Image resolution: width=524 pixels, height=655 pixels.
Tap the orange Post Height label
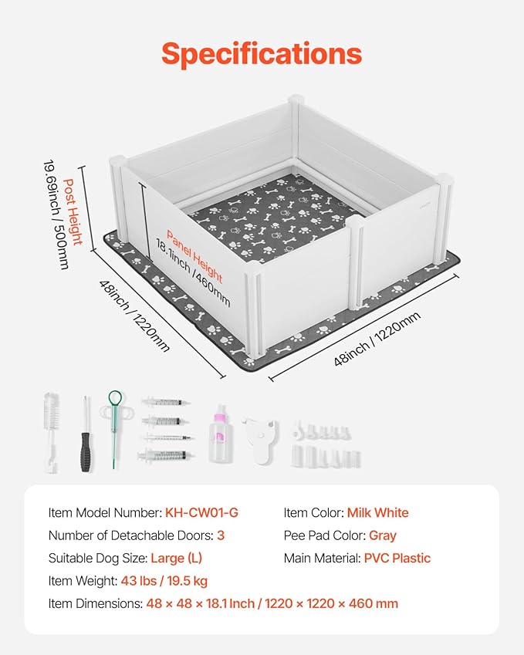coord(73,212)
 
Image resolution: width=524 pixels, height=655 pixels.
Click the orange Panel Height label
coord(194,256)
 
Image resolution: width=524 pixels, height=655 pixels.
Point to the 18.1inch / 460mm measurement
coord(193,273)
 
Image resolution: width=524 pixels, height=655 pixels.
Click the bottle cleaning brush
coord(51,432)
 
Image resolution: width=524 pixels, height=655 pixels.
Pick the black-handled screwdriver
coord(86,434)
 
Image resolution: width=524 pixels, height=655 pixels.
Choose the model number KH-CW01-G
coord(202,512)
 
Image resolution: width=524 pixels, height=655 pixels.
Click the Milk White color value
coord(377,512)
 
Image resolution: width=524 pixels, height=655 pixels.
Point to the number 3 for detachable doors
coord(221,535)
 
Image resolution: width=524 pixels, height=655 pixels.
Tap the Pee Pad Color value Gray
coord(382,535)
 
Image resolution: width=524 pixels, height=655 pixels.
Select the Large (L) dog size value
coord(176,558)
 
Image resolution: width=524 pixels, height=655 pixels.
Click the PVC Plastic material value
coord(397,558)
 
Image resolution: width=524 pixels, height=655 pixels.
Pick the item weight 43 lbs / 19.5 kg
coord(164,581)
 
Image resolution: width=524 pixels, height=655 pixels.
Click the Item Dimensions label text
coord(95,603)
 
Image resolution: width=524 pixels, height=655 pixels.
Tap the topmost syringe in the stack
coord(166,402)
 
